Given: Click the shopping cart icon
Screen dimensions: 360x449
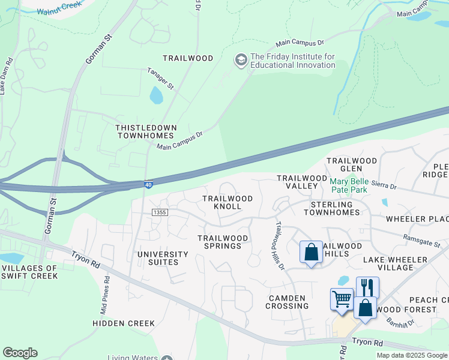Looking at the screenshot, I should click(x=342, y=299).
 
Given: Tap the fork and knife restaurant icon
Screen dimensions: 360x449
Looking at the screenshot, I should click(x=367, y=287).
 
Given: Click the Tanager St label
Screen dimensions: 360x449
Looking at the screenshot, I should click(x=160, y=79).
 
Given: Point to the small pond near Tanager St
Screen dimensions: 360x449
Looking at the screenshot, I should click(x=156, y=95).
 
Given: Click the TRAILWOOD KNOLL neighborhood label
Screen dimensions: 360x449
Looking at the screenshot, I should click(x=227, y=202).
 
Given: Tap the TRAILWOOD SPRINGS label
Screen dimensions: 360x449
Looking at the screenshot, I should click(x=223, y=242).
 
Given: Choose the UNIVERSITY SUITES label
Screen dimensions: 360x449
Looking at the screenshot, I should click(x=163, y=258).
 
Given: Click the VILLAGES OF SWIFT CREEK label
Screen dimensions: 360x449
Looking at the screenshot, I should click(x=29, y=272).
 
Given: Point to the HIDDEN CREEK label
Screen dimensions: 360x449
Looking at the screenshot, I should click(x=124, y=323).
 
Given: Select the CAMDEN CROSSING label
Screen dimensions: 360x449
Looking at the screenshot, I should click(x=287, y=302).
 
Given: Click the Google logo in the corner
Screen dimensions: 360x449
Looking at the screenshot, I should click(x=20, y=353).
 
